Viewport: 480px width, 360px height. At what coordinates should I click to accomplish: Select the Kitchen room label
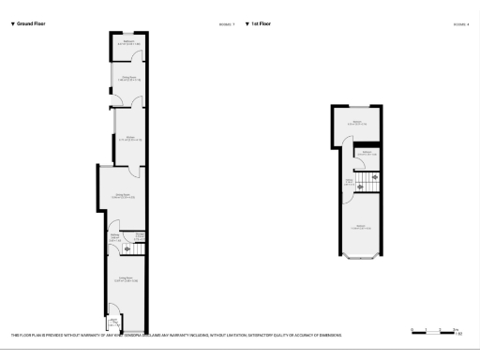[128, 139]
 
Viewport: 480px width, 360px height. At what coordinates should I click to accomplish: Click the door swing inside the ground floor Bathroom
[138, 54]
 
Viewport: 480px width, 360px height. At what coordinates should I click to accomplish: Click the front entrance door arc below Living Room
[113, 312]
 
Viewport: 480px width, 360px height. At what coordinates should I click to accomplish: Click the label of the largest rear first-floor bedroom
[357, 123]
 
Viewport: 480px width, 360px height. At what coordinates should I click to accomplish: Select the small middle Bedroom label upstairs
[366, 153]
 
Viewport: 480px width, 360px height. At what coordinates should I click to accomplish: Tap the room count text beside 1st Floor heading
[460, 23]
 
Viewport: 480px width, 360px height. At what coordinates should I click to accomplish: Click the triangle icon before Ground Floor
[12, 22]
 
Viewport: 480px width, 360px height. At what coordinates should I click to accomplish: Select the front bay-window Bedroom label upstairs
[360, 227]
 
